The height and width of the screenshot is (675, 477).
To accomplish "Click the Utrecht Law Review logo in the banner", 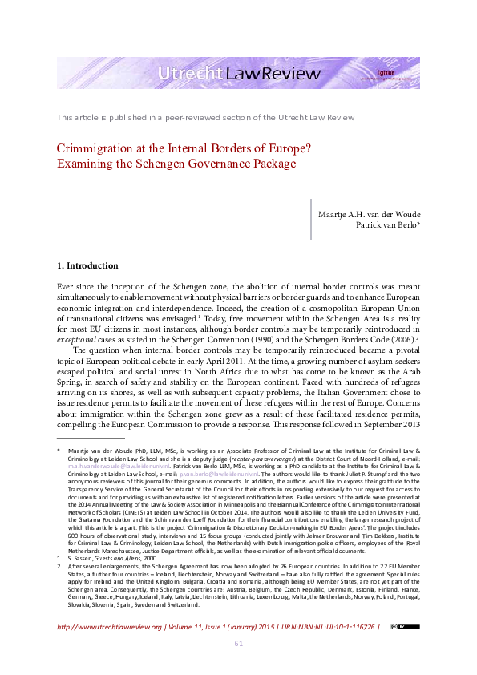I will (x=240, y=75).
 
